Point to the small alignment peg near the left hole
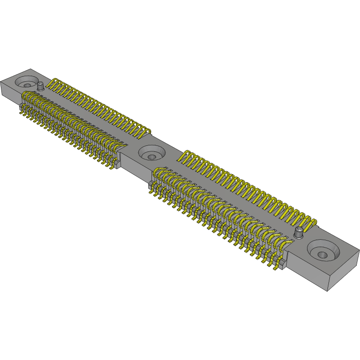coord(40,86)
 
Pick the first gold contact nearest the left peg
coord(55,83)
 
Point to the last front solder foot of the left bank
coord(111,167)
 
